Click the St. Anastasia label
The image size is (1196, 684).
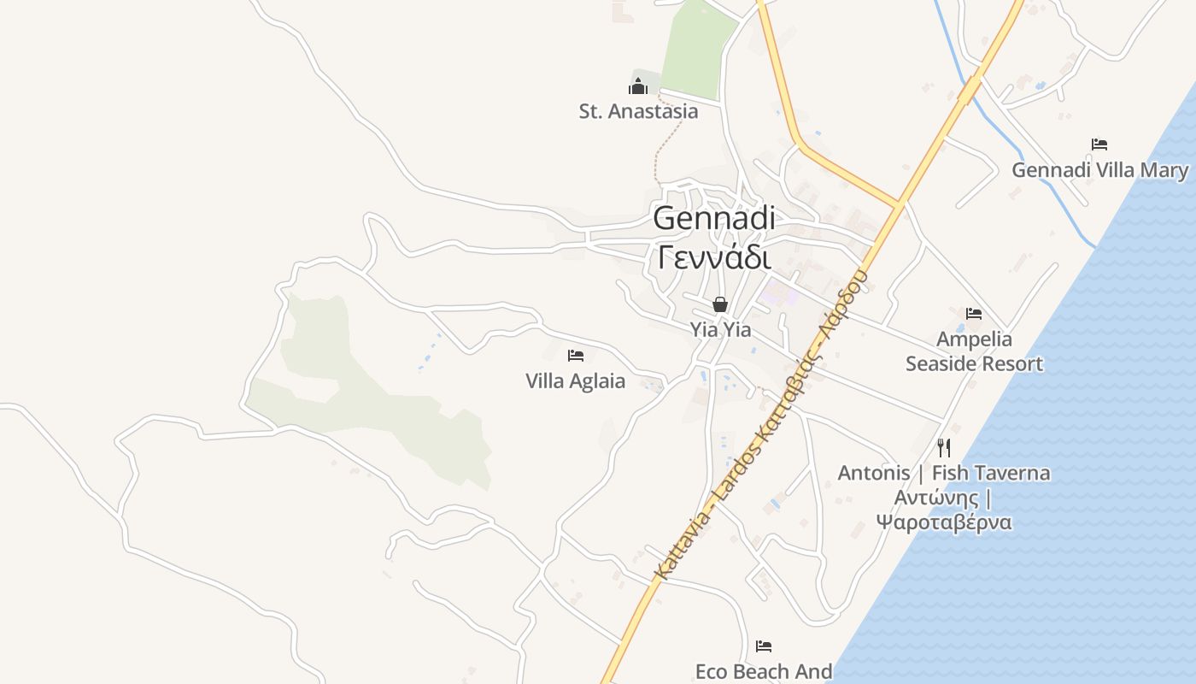(x=638, y=111)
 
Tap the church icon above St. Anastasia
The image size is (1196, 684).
(x=638, y=86)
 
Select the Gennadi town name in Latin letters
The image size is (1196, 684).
(x=714, y=218)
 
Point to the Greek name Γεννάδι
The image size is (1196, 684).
(x=714, y=256)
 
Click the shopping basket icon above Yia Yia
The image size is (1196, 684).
(x=720, y=304)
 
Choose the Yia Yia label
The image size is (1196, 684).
(x=720, y=329)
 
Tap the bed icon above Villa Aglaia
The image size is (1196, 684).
(x=576, y=356)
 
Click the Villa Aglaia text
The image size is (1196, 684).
(x=576, y=381)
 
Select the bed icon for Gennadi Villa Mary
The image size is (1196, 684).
(x=1099, y=144)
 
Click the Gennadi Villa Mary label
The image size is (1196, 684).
(x=1099, y=170)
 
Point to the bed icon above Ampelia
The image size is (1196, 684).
(x=974, y=314)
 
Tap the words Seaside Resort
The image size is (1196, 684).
(x=974, y=364)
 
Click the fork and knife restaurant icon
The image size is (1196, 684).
(x=944, y=447)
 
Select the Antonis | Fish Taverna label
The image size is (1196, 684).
(x=944, y=473)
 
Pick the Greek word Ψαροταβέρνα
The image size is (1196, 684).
(x=944, y=522)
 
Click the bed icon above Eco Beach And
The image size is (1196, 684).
(x=764, y=646)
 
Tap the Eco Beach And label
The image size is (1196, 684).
(x=764, y=672)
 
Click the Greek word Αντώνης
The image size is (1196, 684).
(x=935, y=498)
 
